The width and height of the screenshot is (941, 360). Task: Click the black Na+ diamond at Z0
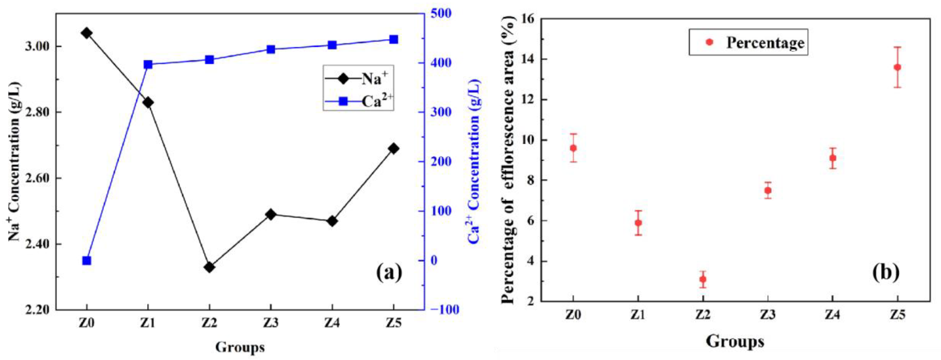(x=86, y=33)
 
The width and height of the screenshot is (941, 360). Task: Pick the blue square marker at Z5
(x=393, y=39)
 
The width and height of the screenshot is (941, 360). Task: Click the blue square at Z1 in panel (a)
(x=148, y=65)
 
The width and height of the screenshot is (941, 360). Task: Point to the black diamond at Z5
(x=393, y=148)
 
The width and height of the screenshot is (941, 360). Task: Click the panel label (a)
(x=389, y=272)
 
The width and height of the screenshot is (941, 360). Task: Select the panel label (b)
(x=886, y=272)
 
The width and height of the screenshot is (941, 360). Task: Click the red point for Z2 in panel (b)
(x=703, y=279)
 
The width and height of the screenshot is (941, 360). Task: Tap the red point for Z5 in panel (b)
(x=897, y=67)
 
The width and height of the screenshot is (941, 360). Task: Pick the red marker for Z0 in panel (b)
(x=573, y=148)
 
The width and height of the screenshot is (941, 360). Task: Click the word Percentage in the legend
(x=765, y=43)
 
